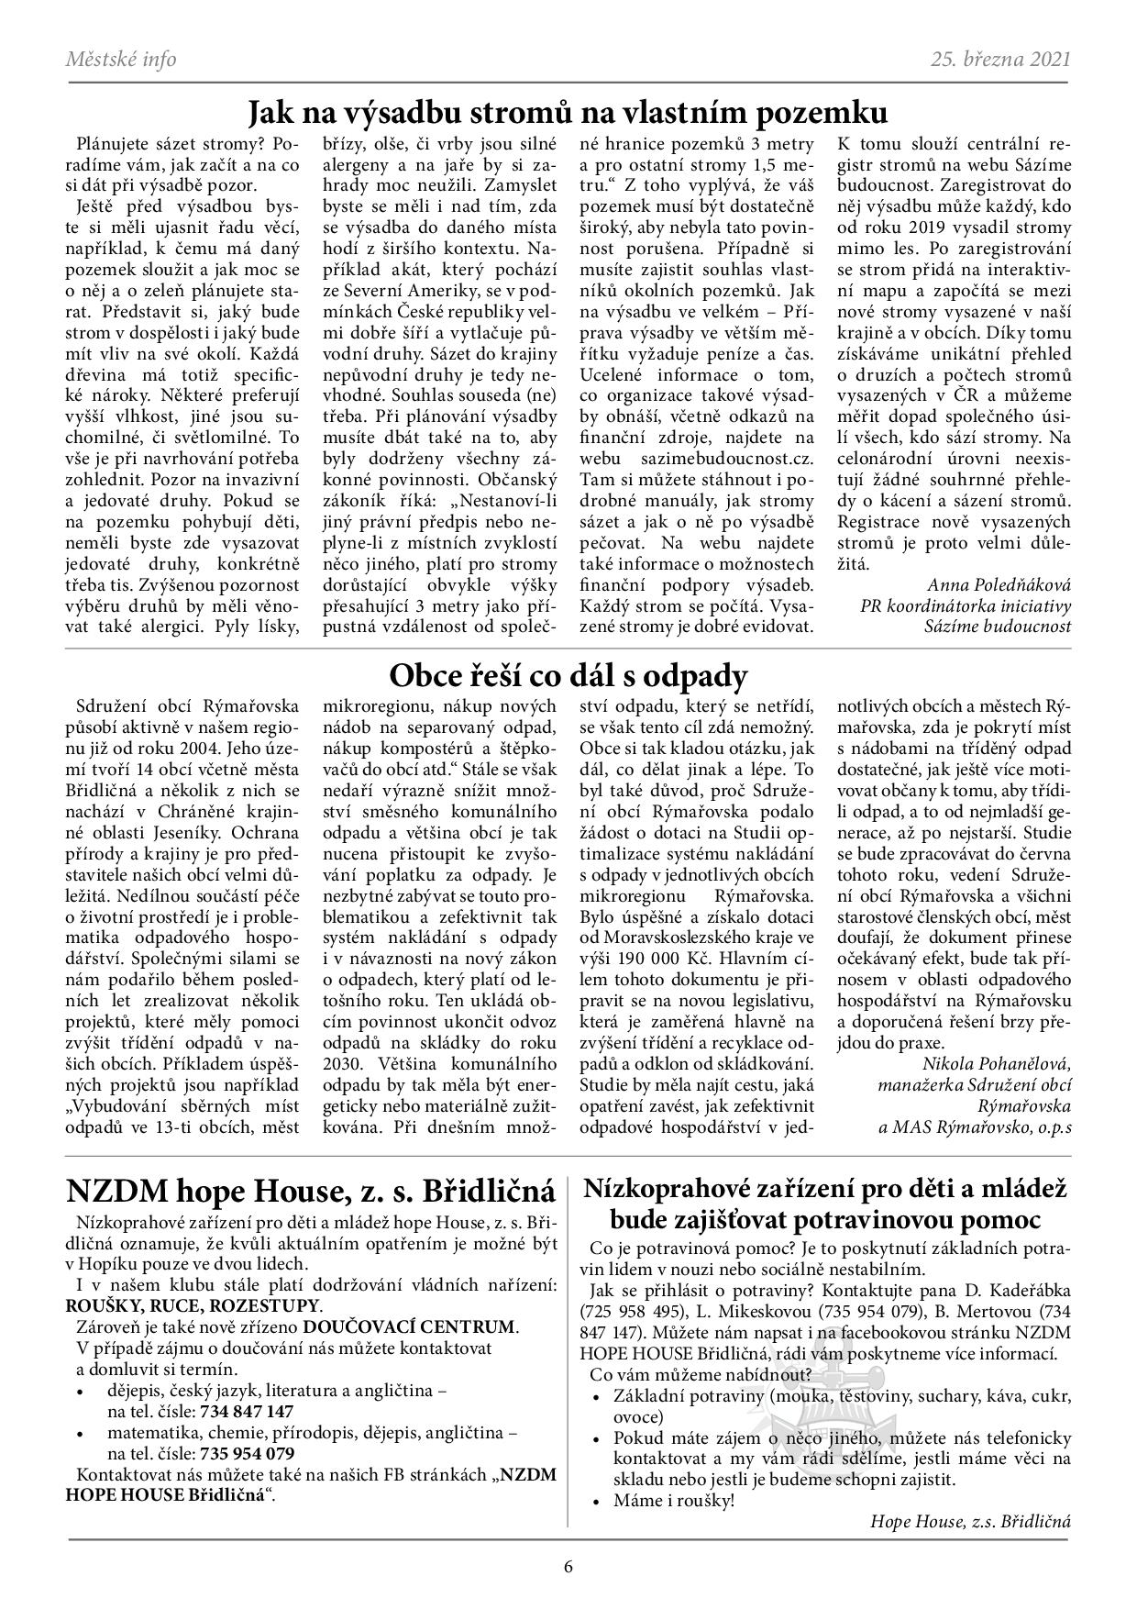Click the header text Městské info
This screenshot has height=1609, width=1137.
(121, 60)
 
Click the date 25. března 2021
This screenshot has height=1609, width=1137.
(1000, 60)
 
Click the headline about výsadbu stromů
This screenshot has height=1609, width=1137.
(568, 113)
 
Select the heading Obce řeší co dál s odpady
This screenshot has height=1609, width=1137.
(568, 676)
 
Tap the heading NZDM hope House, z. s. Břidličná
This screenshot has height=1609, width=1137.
(311, 1192)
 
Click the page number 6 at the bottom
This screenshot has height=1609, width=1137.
(568, 1566)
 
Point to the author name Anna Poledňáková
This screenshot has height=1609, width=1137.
(999, 584)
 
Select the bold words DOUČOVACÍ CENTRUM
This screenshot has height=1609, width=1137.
(410, 1327)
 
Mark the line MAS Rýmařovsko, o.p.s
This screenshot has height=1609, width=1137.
(975, 1127)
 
